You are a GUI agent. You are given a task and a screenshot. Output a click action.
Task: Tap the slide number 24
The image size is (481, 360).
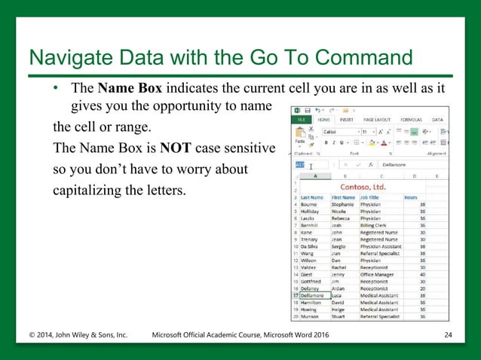pos(448,334)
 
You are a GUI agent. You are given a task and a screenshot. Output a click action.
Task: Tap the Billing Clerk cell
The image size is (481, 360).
pos(376,224)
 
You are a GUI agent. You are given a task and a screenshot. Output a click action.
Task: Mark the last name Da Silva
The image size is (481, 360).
pos(314,246)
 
